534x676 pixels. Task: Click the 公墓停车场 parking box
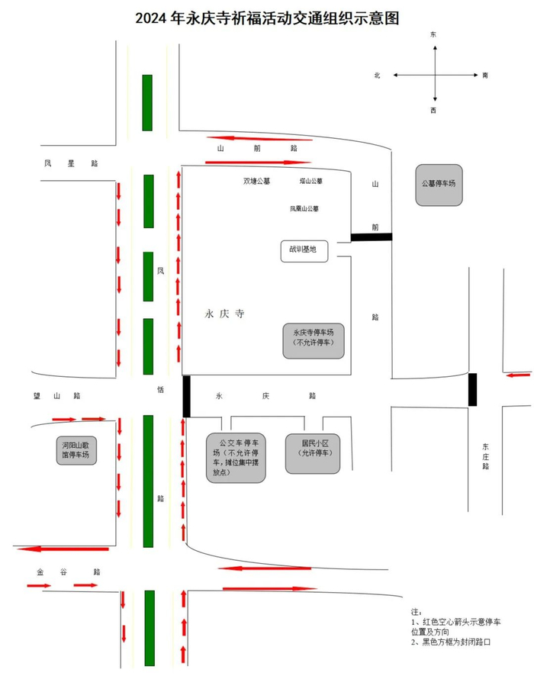[x=439, y=185]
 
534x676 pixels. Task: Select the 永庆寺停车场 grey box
[x=313, y=338]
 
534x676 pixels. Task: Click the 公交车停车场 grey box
[x=236, y=457]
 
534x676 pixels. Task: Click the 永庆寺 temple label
[x=224, y=314]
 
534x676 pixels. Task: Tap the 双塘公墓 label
[x=256, y=182]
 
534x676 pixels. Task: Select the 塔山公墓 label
[x=310, y=182]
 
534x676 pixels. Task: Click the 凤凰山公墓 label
[x=304, y=208]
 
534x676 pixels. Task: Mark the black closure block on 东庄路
[x=473, y=389]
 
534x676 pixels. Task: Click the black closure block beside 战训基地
[x=371, y=237]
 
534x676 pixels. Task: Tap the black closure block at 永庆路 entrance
[x=185, y=396]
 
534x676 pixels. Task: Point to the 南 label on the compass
[x=485, y=75]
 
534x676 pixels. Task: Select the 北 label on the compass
[x=377, y=75]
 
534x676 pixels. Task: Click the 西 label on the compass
[x=433, y=111]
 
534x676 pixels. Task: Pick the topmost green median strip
[x=147, y=102]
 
